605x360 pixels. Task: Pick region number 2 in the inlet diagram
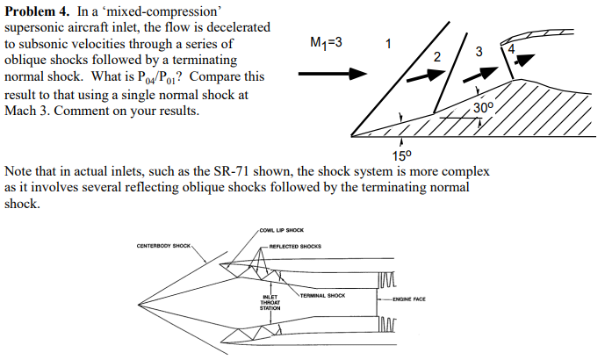(x=437, y=57)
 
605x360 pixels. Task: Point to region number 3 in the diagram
(x=478, y=52)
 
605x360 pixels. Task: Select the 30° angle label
(x=484, y=108)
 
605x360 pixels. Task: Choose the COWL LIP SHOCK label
(x=281, y=230)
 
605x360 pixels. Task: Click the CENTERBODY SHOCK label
(x=163, y=245)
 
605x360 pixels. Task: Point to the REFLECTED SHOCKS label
(x=296, y=246)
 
